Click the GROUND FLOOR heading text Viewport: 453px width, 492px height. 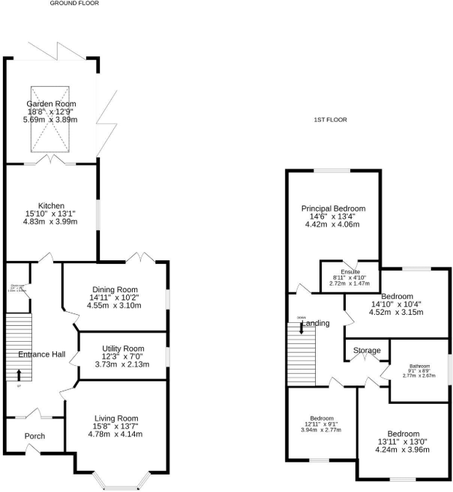(74, 4)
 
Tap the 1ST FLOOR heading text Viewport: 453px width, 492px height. (330, 120)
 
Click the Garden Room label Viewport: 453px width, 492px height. (51, 104)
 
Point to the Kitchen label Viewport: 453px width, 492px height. (51, 206)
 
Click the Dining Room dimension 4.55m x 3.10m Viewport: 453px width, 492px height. (114, 305)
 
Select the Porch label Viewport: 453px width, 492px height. (34, 437)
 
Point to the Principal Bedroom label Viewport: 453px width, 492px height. (333, 208)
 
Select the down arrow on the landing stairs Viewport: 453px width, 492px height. (301, 329)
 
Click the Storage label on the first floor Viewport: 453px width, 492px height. (366, 351)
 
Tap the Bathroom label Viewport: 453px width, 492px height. (419, 367)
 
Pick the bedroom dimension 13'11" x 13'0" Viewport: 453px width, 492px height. (403, 442)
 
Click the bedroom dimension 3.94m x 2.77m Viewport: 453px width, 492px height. (321, 430)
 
